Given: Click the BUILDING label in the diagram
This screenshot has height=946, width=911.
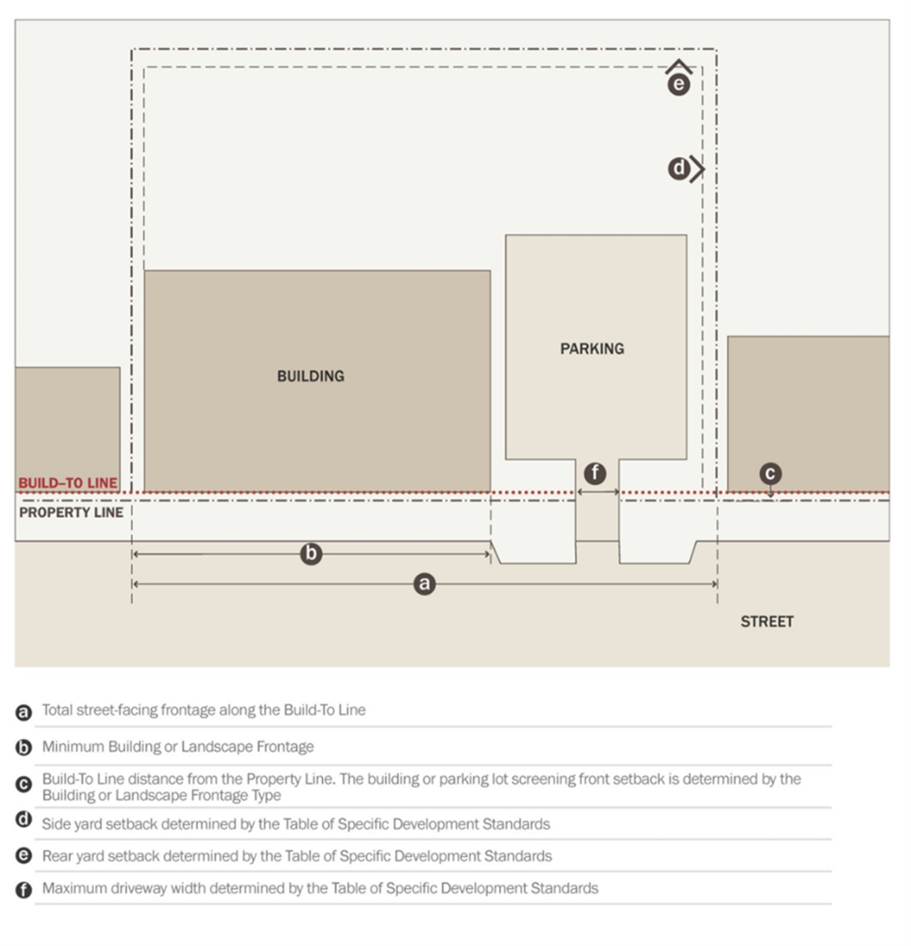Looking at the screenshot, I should pos(310,376).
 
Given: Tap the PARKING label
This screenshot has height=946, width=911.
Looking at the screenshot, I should pos(592,348).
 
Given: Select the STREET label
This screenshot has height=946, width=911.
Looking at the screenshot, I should pos(767,621).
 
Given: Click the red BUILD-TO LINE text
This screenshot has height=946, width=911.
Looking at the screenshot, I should pos(68,483).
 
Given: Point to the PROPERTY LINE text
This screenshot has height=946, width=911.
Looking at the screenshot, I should pos(71,512).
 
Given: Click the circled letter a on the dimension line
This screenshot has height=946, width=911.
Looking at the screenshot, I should pos(423,584).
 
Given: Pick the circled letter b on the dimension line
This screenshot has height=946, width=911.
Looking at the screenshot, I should pos(311,554).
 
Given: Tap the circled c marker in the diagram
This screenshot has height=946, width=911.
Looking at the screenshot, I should pos(770,473).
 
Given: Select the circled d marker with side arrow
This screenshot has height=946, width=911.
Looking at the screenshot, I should pos(679,169).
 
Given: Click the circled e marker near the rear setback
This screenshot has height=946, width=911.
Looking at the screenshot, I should pos(678,84).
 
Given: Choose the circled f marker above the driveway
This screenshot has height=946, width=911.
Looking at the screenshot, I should pos(595,473).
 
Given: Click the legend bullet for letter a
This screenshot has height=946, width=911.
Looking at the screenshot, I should pos(23,712).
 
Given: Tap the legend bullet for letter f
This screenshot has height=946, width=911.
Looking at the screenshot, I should pos(23,889).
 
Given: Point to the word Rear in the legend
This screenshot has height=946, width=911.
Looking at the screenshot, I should pos(56,856).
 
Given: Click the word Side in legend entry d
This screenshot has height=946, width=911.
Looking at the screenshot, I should pos(55,823).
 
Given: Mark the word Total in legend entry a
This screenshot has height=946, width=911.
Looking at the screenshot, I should pos(58,710).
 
